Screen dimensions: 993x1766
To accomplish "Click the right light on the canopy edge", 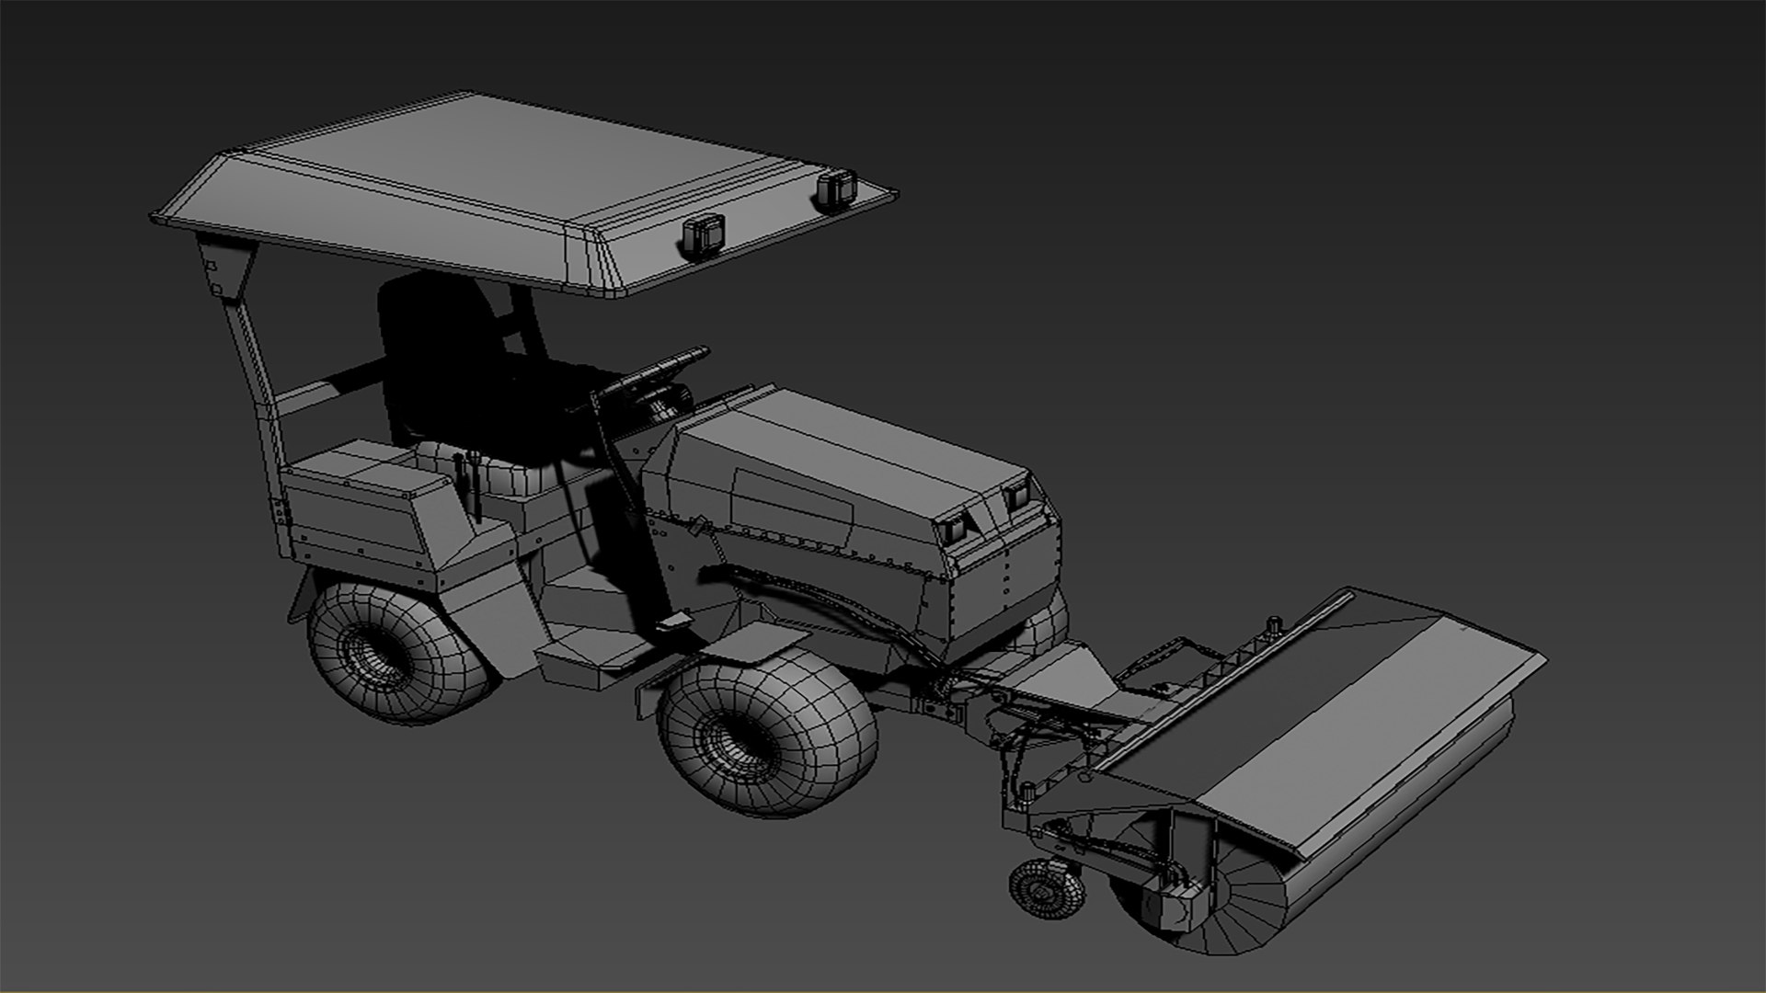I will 835,189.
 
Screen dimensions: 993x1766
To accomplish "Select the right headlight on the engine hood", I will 1016,497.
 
